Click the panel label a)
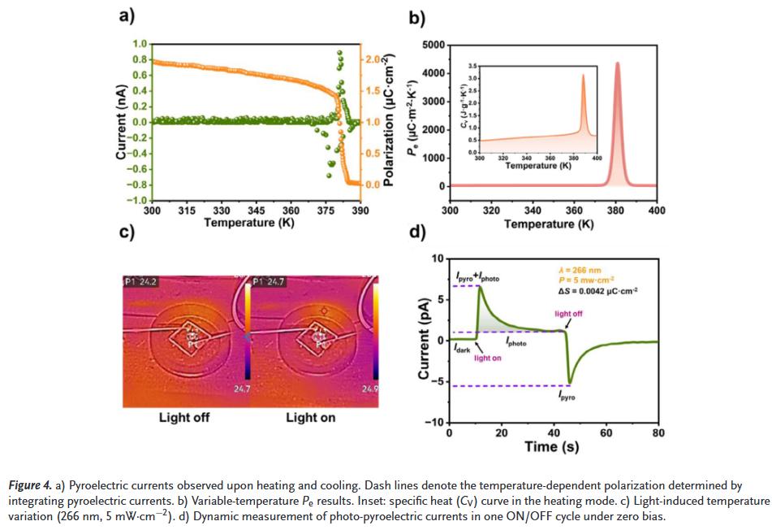[x=127, y=15]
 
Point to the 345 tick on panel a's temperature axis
[x=257, y=211]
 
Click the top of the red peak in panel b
[x=617, y=63]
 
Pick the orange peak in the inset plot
[x=583, y=76]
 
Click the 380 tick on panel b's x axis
[x=616, y=211]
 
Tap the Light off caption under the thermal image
[x=185, y=418]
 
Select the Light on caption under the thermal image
[x=310, y=418]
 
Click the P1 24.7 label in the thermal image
[x=270, y=282]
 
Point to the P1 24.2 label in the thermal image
[x=140, y=282]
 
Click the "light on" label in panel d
[x=488, y=358]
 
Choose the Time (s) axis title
[x=553, y=446]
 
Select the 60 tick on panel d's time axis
[x=606, y=432]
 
